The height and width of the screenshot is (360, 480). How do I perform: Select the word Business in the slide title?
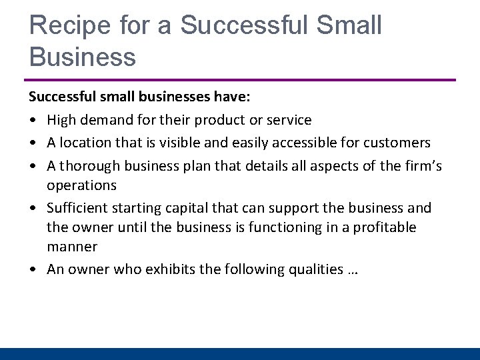83,57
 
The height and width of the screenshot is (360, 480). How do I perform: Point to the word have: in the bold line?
232,97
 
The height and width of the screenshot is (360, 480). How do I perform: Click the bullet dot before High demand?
33,121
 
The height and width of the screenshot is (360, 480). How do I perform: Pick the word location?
84,143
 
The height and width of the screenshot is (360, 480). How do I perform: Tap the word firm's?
423,165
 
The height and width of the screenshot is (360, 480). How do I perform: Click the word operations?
81,185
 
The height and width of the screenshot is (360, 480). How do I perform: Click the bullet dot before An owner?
33,270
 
